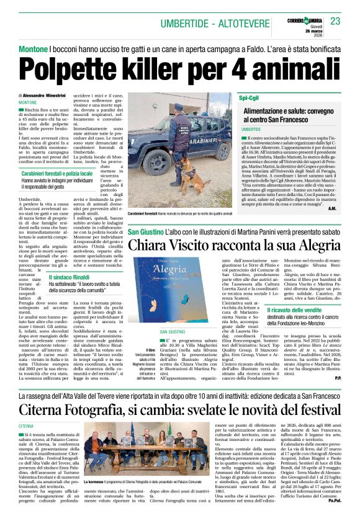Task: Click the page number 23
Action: click(x=335, y=22)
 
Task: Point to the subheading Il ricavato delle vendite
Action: click(x=297, y=310)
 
